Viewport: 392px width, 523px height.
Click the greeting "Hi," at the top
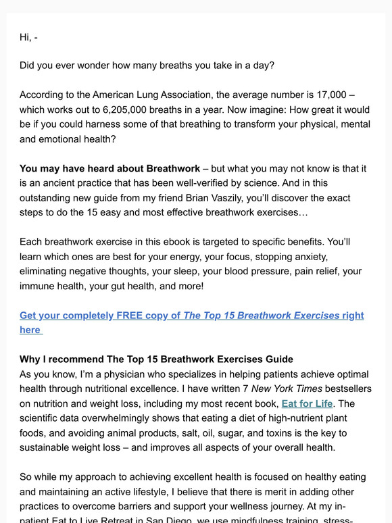26,37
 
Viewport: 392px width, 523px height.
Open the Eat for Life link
307,403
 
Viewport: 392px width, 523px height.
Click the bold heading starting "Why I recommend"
157,359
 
